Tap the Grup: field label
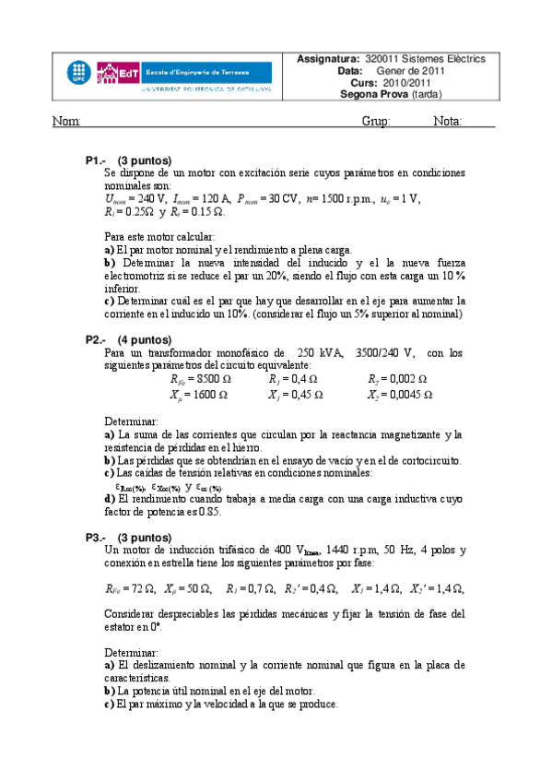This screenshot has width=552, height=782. click(x=376, y=122)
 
